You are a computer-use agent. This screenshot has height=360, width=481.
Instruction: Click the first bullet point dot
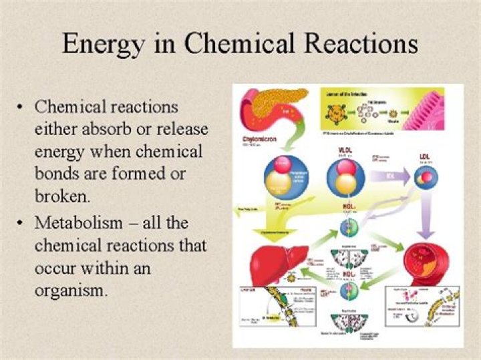[22, 108]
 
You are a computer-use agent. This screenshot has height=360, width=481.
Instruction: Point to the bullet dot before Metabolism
[22, 222]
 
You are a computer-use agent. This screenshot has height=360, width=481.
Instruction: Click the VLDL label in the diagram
[345, 150]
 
